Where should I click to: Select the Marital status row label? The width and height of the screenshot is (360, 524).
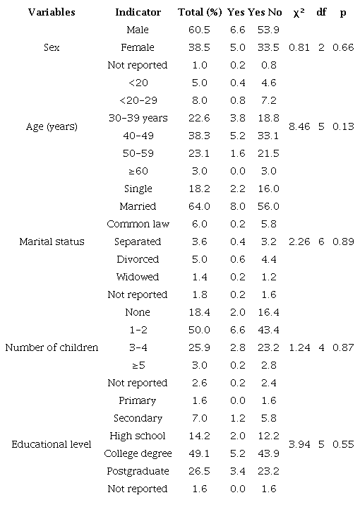(x=51, y=242)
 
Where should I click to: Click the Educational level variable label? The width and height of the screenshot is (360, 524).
(x=51, y=444)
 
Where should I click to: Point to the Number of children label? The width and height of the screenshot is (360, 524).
(x=51, y=347)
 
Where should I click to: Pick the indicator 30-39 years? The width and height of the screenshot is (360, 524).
(x=138, y=118)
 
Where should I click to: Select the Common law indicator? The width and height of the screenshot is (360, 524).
(x=138, y=224)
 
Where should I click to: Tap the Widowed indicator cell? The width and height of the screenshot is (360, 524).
(x=138, y=277)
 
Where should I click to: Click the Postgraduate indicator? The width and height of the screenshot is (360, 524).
(x=138, y=471)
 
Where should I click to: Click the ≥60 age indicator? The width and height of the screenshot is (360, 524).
(x=138, y=171)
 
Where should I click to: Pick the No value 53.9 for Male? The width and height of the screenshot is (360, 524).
(x=268, y=30)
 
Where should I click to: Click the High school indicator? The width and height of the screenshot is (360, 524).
(x=138, y=436)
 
